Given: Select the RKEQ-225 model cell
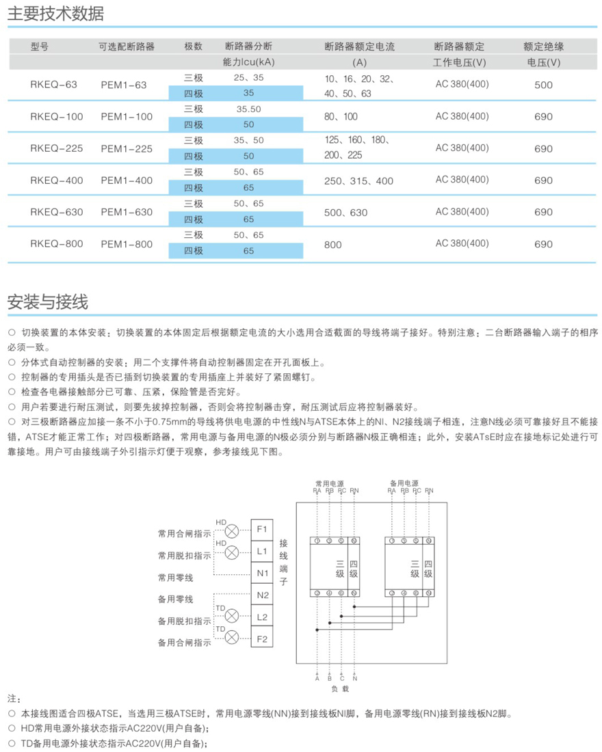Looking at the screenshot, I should [57, 148].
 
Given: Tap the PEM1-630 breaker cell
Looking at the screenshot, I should [127, 212].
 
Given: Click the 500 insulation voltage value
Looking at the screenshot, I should [543, 85].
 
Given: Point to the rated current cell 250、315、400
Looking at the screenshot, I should [359, 180].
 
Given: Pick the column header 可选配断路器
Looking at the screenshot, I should [127, 46].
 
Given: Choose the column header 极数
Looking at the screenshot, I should [194, 46].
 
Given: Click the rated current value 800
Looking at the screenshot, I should [333, 244].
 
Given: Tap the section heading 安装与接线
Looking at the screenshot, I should [47, 301].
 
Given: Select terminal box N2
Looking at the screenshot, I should [263, 595].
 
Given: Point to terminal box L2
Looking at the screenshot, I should [263, 617].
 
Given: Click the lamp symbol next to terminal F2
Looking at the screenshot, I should [233, 638].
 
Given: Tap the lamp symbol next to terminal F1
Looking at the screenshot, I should [233, 531].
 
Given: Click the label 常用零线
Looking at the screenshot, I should [175, 578].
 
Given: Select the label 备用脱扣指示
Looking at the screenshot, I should [184, 621].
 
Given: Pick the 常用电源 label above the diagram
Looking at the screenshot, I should [335, 482].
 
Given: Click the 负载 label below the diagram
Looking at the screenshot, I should [340, 689].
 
